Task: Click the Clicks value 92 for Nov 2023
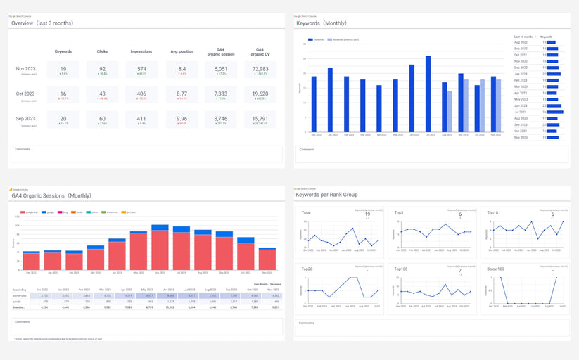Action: (102, 67)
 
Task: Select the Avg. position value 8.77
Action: (182, 93)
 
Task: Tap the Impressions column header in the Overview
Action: (141, 51)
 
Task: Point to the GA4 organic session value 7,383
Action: (220, 93)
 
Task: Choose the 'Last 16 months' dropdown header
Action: (526, 36)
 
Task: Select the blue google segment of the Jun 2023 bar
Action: (160, 228)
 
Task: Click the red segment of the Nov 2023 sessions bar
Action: (267, 260)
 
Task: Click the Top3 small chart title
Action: (399, 212)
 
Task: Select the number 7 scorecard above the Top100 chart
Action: (459, 270)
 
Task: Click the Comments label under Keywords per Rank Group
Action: (307, 323)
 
